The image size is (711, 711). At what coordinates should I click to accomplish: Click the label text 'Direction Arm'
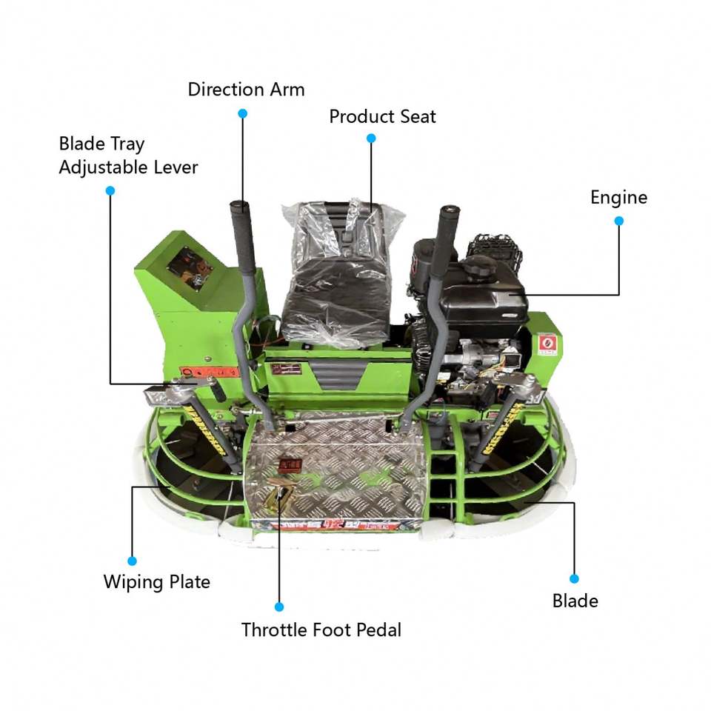coord(246,90)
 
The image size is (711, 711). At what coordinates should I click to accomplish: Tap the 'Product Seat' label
coord(382,116)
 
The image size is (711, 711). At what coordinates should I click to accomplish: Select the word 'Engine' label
coord(618,197)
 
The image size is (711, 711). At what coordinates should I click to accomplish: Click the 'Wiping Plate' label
coord(156,581)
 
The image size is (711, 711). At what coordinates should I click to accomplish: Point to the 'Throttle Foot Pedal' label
coord(321,630)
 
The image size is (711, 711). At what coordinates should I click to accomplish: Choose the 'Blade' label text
coord(575,600)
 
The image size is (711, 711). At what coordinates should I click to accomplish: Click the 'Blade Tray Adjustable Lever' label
coord(128,155)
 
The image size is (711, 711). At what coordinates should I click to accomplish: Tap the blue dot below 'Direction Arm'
coord(242,113)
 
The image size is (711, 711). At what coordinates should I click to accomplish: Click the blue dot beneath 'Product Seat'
coord(371,138)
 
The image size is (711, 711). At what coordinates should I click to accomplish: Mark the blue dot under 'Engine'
coord(619,221)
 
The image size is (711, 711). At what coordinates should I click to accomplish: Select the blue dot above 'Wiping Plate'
coord(133,561)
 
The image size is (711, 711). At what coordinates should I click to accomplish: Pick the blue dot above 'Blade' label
coord(574,578)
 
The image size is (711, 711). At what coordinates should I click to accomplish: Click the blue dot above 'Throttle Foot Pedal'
coord(279,607)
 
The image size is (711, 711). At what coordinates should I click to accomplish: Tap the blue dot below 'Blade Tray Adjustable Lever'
coord(110,190)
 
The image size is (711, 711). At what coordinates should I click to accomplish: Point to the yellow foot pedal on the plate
coord(280,492)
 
